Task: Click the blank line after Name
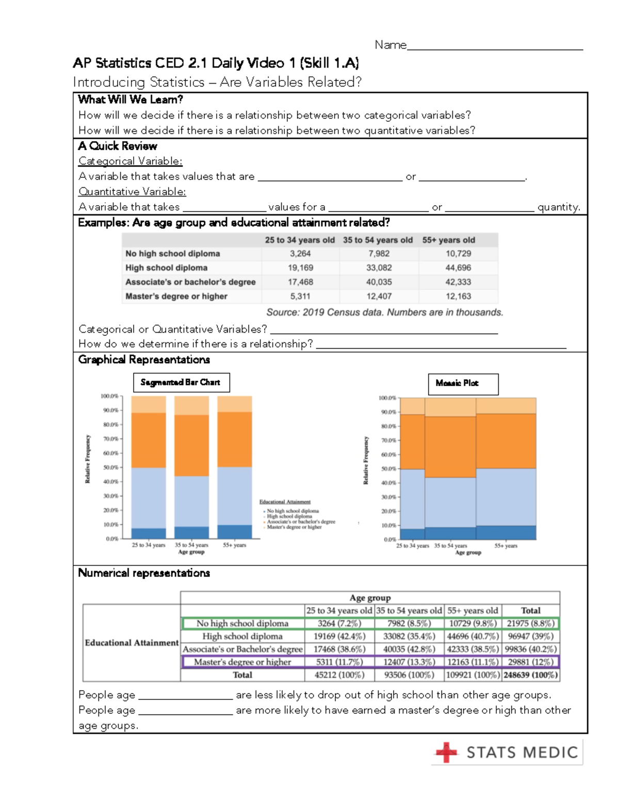pyautogui.click(x=495, y=48)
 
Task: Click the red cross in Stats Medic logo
pyautogui.click(x=446, y=753)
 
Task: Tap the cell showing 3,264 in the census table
pyautogui.click(x=300, y=254)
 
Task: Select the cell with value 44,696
pyautogui.click(x=458, y=268)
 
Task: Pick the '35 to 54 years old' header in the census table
pyautogui.click(x=378, y=240)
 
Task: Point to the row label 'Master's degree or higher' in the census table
pyautogui.click(x=176, y=297)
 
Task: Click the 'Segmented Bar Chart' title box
pyautogui.click(x=181, y=383)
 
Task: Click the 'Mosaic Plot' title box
pyautogui.click(x=463, y=384)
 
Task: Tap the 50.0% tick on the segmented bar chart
pyautogui.click(x=110, y=467)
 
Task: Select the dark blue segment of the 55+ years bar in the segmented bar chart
pyautogui.click(x=235, y=531)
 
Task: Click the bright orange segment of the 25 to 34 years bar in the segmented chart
pyautogui.click(x=149, y=440)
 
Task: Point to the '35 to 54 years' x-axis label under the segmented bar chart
pyautogui.click(x=191, y=545)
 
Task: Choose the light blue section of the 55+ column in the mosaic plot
pyautogui.click(x=506, y=497)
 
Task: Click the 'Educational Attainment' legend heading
pyautogui.click(x=285, y=501)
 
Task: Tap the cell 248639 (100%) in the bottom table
pyautogui.click(x=530, y=675)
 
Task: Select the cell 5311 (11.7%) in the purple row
pyautogui.click(x=339, y=662)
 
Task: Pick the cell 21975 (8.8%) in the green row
pyautogui.click(x=530, y=623)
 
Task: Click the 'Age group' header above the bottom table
pyautogui.click(x=370, y=598)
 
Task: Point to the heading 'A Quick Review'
pyautogui.click(x=118, y=146)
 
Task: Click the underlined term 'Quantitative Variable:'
pyautogui.click(x=132, y=192)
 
